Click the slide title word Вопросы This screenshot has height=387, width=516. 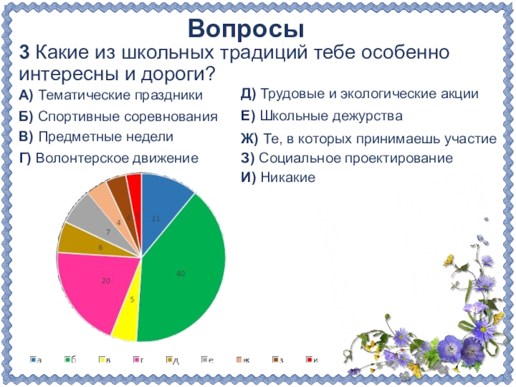pyautogui.click(x=246, y=29)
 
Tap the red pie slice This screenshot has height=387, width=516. pyautogui.click(x=135, y=187)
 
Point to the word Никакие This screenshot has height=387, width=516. pyautogui.click(x=288, y=177)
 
